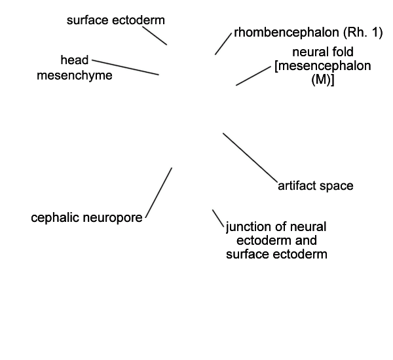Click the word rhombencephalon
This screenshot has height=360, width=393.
coord(286,33)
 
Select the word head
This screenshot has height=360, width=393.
coord(75,60)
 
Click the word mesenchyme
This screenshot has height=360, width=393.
coord(75,75)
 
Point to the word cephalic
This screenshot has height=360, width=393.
coord(55,217)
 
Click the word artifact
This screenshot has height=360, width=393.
coord(297,186)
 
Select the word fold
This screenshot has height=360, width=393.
coord(343,52)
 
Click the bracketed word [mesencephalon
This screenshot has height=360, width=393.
coord(323,66)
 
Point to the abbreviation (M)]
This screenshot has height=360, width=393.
coord(323,80)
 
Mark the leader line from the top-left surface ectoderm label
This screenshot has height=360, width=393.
coord(155,35)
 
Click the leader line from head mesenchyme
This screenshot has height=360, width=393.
coord(125,67)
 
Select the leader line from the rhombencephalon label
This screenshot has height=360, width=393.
coord(223,44)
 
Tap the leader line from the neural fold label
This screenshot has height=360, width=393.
coord(253,76)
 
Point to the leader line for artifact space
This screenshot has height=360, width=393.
coord(250,158)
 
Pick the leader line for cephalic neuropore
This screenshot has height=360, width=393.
coord(159,193)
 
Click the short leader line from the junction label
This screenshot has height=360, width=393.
coord(218,219)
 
